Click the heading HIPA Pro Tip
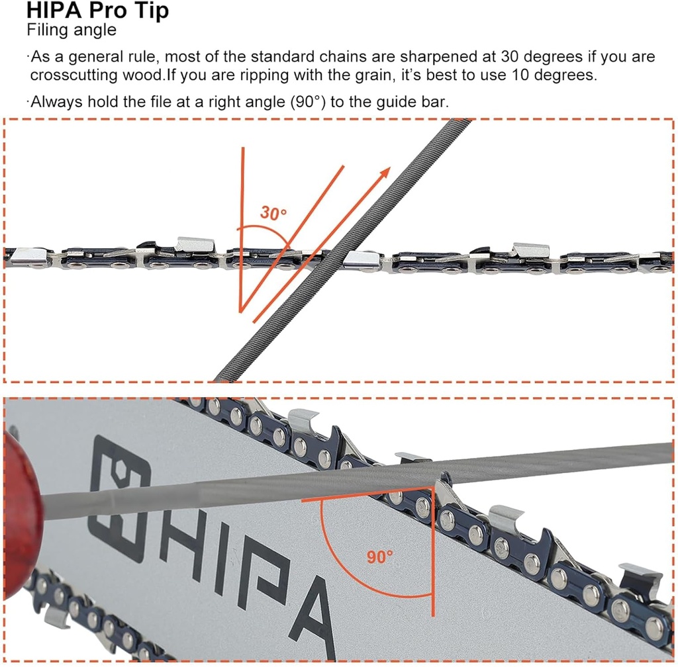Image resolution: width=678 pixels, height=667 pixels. click(x=97, y=11)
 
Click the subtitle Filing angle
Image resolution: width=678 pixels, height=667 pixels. click(x=72, y=30)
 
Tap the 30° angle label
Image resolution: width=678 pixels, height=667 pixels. click(x=273, y=214)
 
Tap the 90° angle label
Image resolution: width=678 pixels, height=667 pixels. click(x=380, y=557)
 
